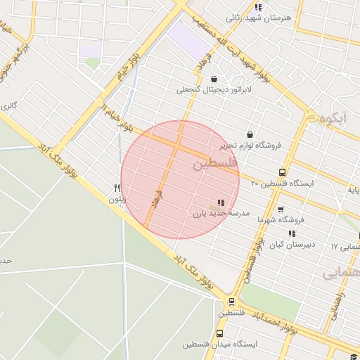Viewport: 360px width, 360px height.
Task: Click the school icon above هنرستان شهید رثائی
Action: pos(258,7)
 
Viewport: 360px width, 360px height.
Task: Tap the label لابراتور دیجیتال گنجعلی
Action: pos(213,90)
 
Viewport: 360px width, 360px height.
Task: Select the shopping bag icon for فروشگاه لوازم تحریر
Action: pos(249,134)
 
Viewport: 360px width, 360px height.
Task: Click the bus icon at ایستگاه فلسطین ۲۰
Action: pos(282,172)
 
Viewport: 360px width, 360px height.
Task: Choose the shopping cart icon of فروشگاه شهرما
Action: pos(281,209)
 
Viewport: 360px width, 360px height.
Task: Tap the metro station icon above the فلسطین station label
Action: pos(232,302)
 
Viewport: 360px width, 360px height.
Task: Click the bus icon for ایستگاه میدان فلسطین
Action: pos(219,333)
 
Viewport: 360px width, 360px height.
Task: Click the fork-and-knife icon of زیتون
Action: pos(117,188)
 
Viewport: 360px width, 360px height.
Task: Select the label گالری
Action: pos(8,106)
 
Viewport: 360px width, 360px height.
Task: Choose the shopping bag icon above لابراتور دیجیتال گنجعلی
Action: pos(213,79)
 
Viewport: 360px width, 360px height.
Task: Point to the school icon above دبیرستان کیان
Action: pos(292,233)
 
